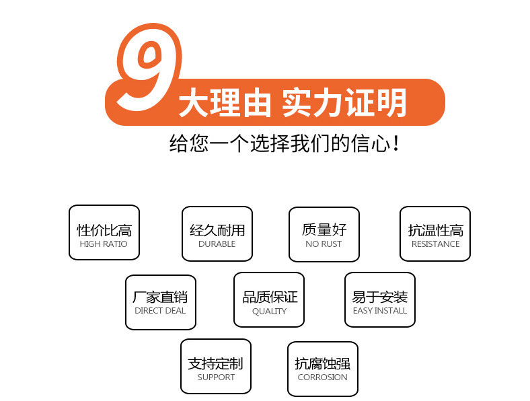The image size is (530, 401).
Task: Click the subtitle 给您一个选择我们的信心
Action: click(285, 143)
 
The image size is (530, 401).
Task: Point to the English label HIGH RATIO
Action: click(104, 244)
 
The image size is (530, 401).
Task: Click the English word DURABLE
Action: click(217, 244)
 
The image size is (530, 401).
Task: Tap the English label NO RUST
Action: click(324, 244)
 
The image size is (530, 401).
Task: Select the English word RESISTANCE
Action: click(435, 244)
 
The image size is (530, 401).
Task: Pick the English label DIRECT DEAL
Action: click(160, 311)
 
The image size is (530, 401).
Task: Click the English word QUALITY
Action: click(269, 312)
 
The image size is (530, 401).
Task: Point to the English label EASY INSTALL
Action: click(380, 311)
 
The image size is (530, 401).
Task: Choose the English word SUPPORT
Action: click(216, 377)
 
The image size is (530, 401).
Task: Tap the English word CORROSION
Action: click(323, 377)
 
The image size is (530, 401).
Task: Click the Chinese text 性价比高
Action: click(104, 230)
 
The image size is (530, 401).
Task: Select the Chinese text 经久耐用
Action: click(217, 230)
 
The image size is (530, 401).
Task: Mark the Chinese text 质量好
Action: click(324, 229)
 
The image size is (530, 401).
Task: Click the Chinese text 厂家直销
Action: click(160, 297)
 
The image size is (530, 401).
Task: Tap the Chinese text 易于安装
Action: click(380, 297)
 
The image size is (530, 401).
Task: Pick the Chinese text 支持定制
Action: click(215, 364)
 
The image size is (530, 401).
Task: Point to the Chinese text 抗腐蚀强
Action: click(323, 364)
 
